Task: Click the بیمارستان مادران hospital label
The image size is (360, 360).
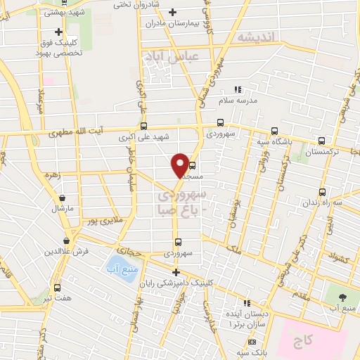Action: pos(173,23)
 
